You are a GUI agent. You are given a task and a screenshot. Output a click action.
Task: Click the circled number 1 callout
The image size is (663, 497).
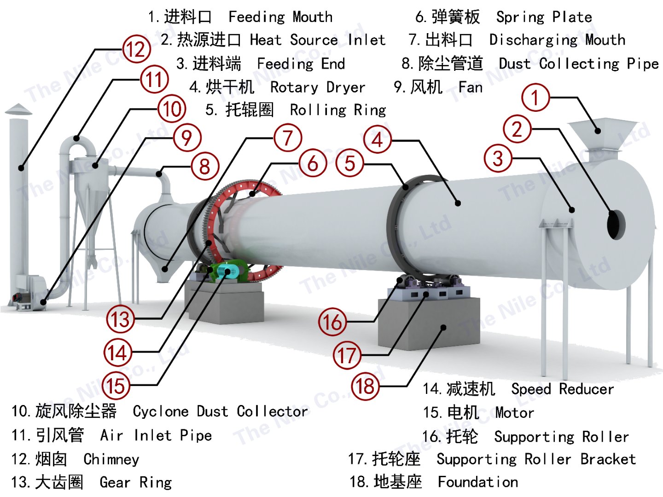pyautogui.click(x=535, y=97)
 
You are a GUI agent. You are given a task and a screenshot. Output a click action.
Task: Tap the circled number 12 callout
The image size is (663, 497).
pyautogui.click(x=136, y=49)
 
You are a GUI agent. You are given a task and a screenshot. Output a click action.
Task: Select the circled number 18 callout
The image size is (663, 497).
pyautogui.click(x=366, y=386)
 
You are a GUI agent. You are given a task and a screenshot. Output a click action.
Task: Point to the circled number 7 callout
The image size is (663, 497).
pyautogui.click(x=288, y=138)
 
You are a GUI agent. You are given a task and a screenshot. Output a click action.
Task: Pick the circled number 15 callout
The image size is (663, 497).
pyautogui.click(x=116, y=386)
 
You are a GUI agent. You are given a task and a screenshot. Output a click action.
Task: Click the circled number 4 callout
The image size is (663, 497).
pyautogui.click(x=378, y=139)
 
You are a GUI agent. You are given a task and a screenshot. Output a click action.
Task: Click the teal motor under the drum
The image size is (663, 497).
pyautogui.click(x=229, y=271)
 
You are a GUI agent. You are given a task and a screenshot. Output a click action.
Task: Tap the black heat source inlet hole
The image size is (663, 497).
pyautogui.click(x=616, y=225)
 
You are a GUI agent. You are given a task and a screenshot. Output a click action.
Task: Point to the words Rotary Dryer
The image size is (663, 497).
pyautogui.click(x=317, y=87)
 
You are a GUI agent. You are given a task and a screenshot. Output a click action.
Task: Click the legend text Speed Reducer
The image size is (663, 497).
pyautogui.click(x=562, y=389)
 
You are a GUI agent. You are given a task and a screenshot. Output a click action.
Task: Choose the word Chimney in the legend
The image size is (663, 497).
pyautogui.click(x=111, y=459)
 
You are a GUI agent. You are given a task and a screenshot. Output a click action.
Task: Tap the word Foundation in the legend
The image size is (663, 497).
pyautogui.click(x=477, y=482)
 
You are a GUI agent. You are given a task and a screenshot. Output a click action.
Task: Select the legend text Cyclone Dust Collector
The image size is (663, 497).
pyautogui.click(x=220, y=411)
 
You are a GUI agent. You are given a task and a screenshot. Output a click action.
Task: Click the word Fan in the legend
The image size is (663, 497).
pyautogui.click(x=471, y=87)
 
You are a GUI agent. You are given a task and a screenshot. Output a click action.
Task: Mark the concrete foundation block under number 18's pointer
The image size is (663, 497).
pyautogui.click(x=428, y=322)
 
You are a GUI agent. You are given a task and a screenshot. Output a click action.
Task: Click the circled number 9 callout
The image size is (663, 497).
pyautogui.click(x=186, y=138)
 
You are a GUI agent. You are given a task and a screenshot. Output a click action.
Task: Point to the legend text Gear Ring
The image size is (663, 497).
pyautogui.click(x=135, y=482)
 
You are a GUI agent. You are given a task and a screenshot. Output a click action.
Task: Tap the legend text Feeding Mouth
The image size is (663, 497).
pyautogui.click(x=280, y=17)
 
